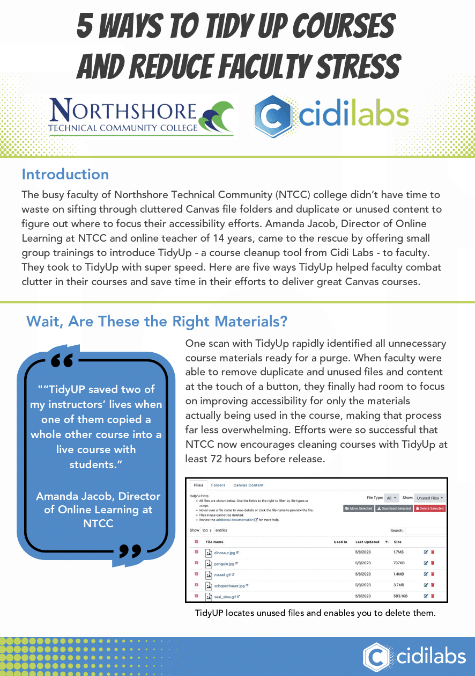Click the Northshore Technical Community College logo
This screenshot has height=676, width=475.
(x=142, y=115)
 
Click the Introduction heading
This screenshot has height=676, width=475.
(x=65, y=175)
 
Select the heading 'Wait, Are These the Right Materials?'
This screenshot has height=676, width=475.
(x=157, y=322)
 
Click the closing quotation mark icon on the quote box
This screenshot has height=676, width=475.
(x=129, y=550)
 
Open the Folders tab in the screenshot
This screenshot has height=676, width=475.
(x=218, y=485)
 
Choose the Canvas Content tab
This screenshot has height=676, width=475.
(x=248, y=485)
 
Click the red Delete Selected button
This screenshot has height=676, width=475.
(x=429, y=508)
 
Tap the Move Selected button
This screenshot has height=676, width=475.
(x=358, y=508)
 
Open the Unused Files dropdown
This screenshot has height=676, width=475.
(x=430, y=498)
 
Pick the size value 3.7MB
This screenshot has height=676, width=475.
(x=398, y=585)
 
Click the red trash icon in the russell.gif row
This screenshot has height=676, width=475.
(x=433, y=575)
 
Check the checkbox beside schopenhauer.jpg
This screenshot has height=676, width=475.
(x=196, y=585)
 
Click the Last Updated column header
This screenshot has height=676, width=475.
(x=367, y=542)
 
